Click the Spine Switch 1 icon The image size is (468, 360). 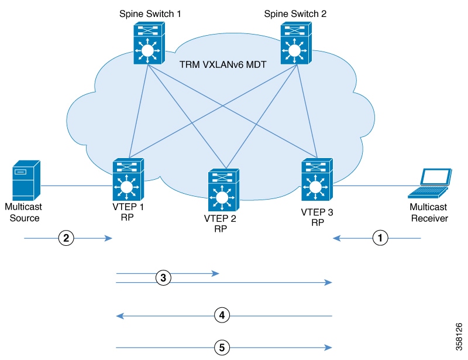click(149, 43)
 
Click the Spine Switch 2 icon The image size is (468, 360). click(296, 43)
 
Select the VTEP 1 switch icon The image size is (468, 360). click(128, 179)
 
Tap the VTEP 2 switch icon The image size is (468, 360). click(223, 190)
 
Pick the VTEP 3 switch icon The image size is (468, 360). click(317, 179)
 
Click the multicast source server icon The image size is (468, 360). click(26, 180)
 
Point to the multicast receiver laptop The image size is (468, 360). click(430, 183)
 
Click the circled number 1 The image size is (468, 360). click(380, 238)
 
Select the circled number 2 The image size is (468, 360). click(66, 238)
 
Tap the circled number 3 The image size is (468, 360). click(163, 278)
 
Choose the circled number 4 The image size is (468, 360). click(222, 316)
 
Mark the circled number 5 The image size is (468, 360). click(222, 348)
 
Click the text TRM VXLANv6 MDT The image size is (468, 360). click(223, 64)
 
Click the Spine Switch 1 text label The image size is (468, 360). click(150, 13)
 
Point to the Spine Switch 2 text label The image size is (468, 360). click(295, 13)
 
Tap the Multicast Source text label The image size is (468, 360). click(23, 212)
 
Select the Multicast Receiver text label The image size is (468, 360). click(429, 212)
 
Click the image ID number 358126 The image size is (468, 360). click(459, 337)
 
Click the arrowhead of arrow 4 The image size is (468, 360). click(120, 316)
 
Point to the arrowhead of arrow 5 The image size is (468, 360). click(328, 348)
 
